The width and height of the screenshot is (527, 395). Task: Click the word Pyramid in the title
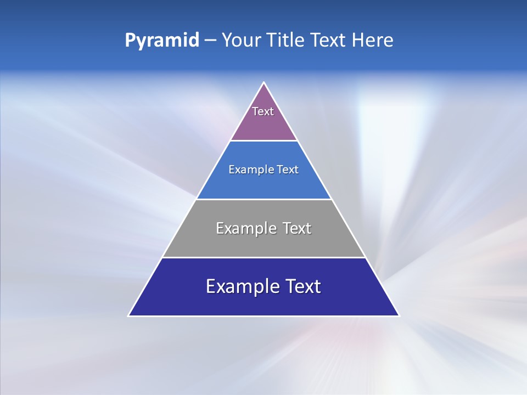coord(161,41)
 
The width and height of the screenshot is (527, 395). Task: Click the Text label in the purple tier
coord(263,111)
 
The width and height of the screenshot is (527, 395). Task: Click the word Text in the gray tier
coord(297,228)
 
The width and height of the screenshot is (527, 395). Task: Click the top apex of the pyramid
coord(264,83)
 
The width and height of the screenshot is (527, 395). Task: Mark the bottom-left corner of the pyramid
coord(129,315)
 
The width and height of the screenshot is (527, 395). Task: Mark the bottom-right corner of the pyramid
coord(399,315)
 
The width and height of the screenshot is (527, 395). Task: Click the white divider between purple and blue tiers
coord(264,140)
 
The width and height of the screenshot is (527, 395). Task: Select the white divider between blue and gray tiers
coord(264,199)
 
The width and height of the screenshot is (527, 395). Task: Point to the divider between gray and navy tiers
coord(264,257)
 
